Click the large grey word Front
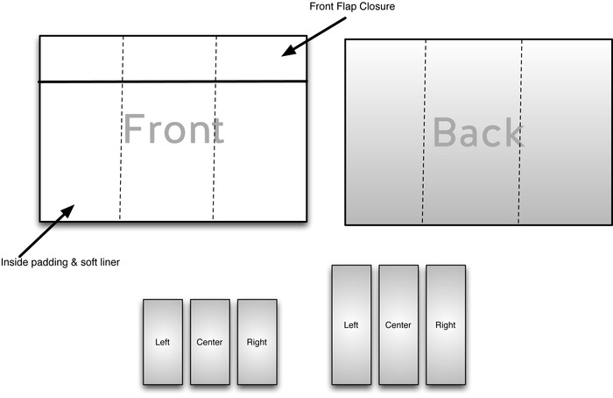coord(173,130)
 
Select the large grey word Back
coord(478,132)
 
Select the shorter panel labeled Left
coord(163,341)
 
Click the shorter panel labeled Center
coord(210,341)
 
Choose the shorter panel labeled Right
coord(257,341)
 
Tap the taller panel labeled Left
coord(351,324)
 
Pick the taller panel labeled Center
coord(398,324)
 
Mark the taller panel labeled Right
coord(446,324)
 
